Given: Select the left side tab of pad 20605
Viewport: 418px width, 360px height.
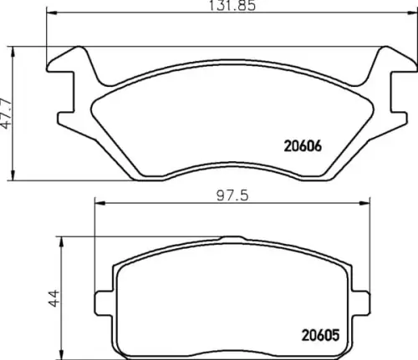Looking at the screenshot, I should coord(104,297).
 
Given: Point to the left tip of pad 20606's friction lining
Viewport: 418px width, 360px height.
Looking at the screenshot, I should coord(92,104).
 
